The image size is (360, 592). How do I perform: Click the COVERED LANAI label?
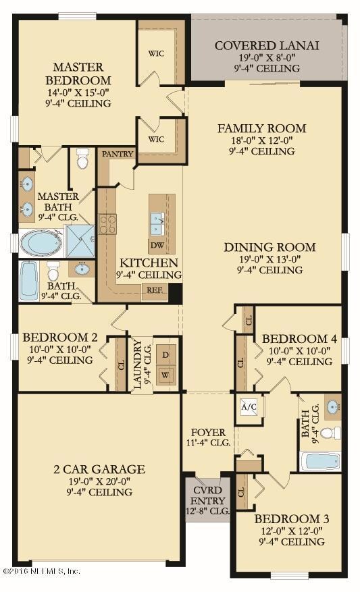click(266, 46)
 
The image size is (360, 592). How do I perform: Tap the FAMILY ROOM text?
click(261, 128)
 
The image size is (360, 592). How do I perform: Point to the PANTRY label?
click(114, 154)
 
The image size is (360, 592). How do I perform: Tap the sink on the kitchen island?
click(157, 219)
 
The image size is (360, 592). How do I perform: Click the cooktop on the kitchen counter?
click(108, 223)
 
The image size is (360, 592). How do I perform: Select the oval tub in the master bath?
click(40, 243)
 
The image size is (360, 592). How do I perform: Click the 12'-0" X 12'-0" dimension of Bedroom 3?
click(292, 530)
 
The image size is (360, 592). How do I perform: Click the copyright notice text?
click(42, 571)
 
